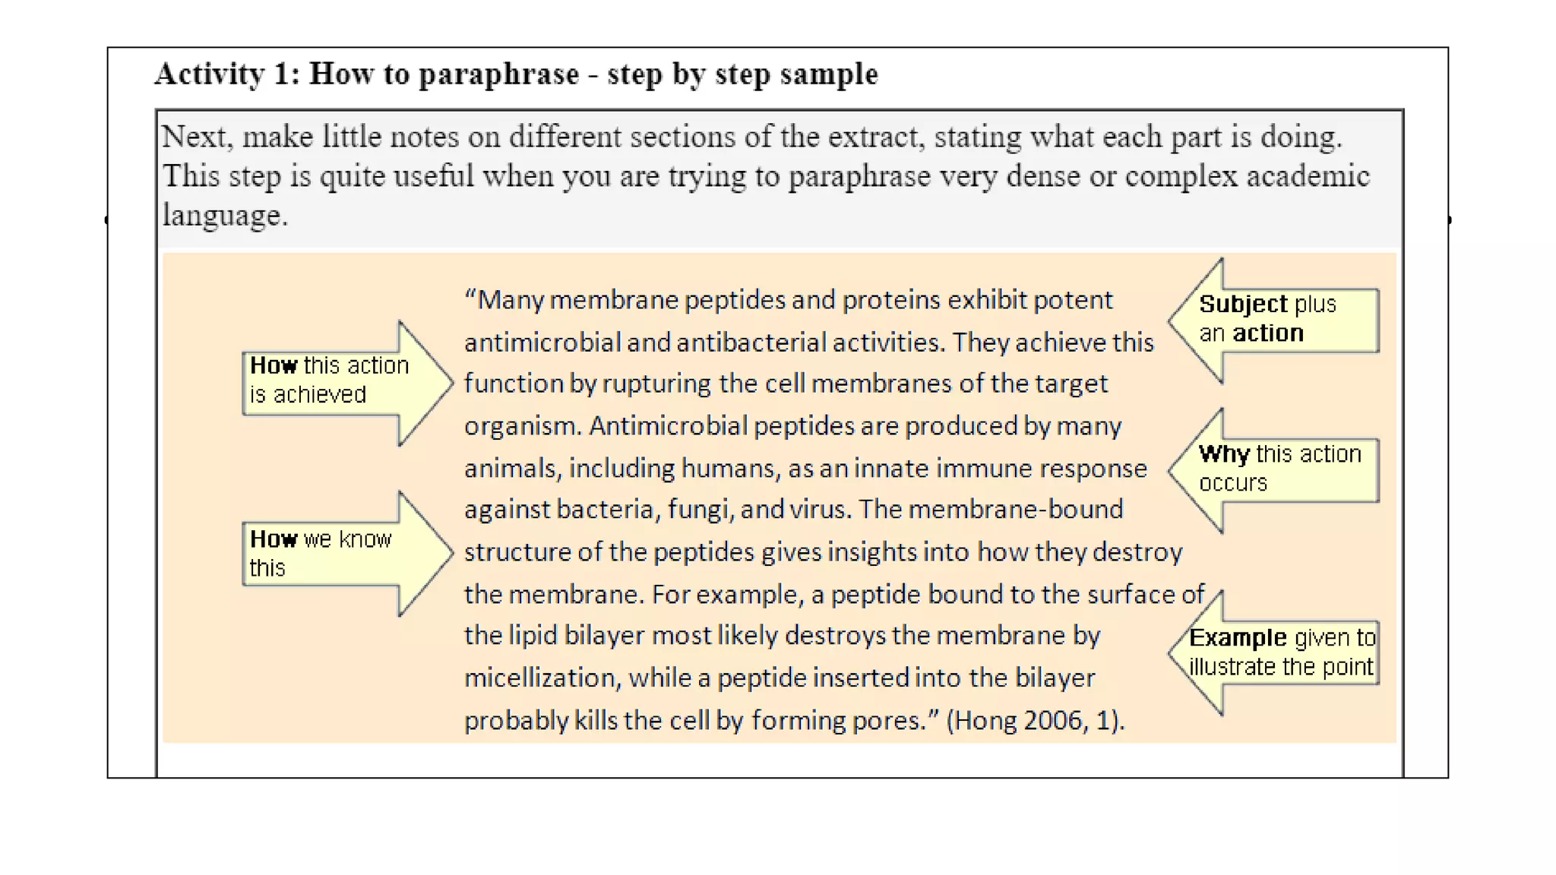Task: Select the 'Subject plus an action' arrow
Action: click(1276, 320)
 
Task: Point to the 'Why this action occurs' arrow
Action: click(1276, 469)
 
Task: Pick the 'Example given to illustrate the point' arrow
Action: click(1276, 652)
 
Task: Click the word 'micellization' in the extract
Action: click(542, 678)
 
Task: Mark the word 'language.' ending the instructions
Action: click(225, 216)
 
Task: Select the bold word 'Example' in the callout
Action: click(1238, 638)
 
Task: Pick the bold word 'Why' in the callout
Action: click(1224, 454)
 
